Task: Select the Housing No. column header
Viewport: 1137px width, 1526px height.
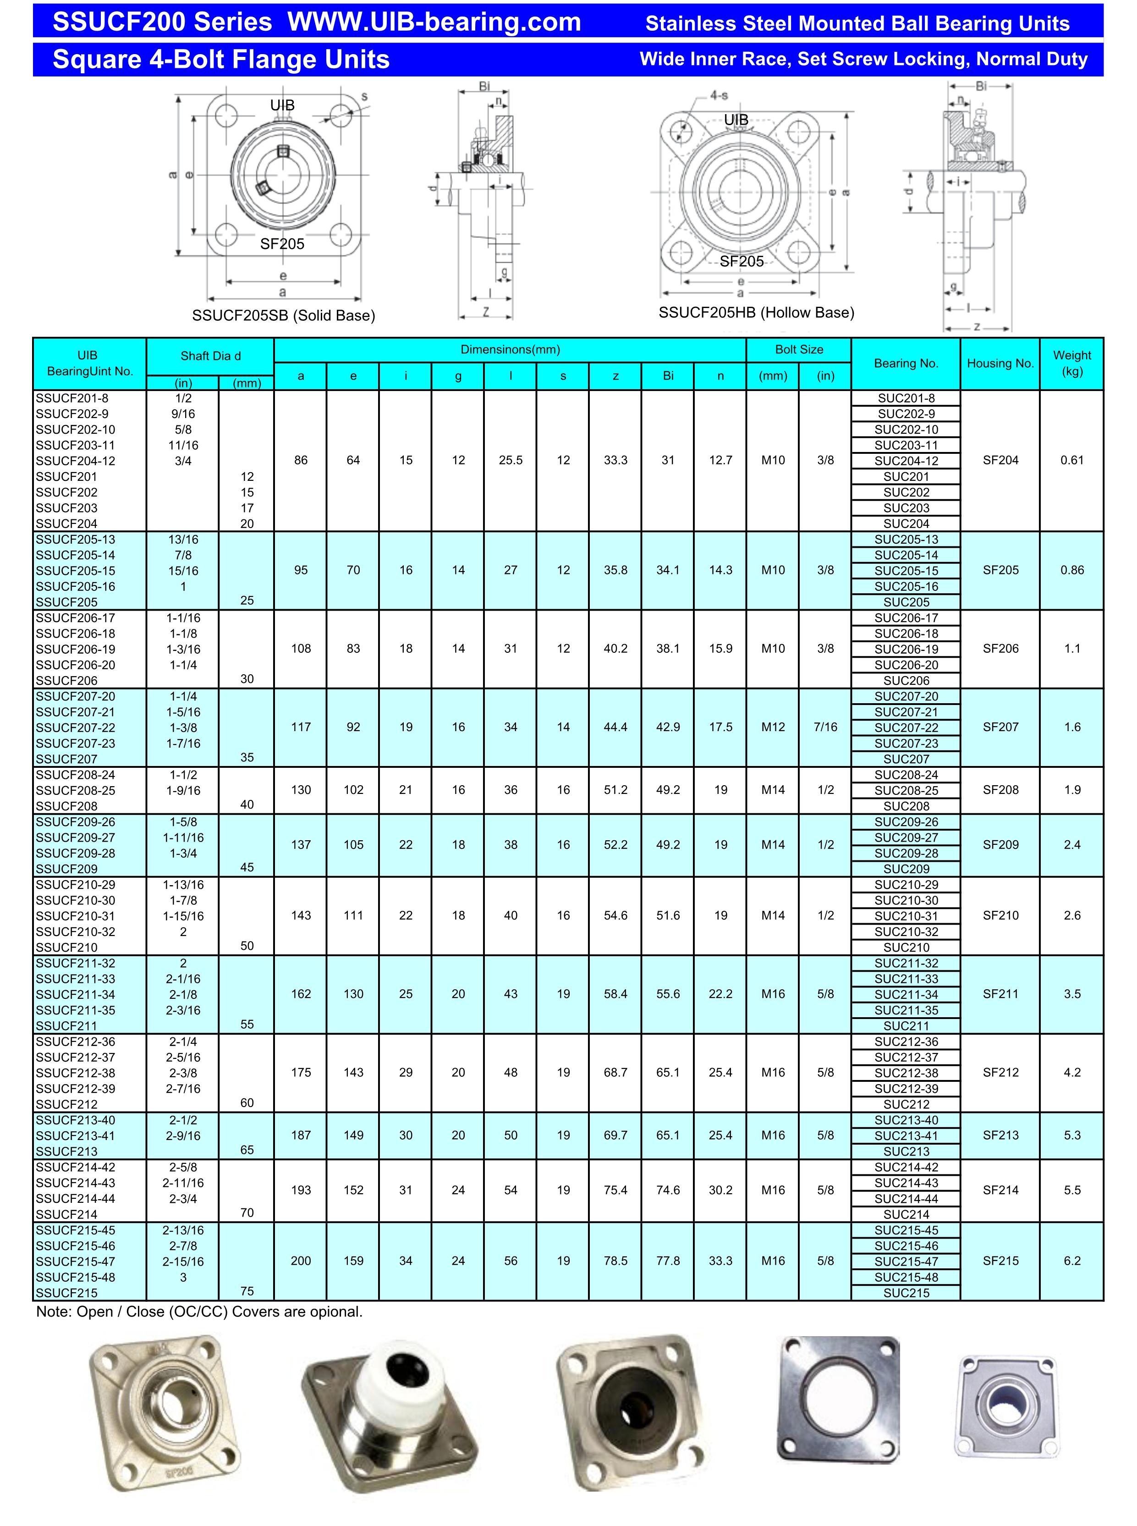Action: (1000, 364)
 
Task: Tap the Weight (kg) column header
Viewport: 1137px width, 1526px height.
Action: (1071, 364)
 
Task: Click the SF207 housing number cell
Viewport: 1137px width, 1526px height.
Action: (1000, 727)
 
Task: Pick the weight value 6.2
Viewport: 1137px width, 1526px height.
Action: (1071, 1261)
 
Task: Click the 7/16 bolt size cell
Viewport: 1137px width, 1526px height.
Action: (825, 727)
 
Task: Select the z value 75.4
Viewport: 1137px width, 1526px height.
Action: (615, 1190)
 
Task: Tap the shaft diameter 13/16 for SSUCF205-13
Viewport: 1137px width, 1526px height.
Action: (183, 539)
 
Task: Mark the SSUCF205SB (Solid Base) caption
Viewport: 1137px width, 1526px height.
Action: (284, 316)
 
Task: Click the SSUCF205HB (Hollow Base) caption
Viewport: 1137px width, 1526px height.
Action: (756, 313)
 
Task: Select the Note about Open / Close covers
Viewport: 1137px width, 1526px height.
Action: (199, 1311)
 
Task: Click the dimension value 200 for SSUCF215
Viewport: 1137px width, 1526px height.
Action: (301, 1261)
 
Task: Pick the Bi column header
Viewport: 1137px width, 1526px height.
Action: (668, 376)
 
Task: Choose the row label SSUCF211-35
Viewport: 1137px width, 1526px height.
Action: (75, 1010)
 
